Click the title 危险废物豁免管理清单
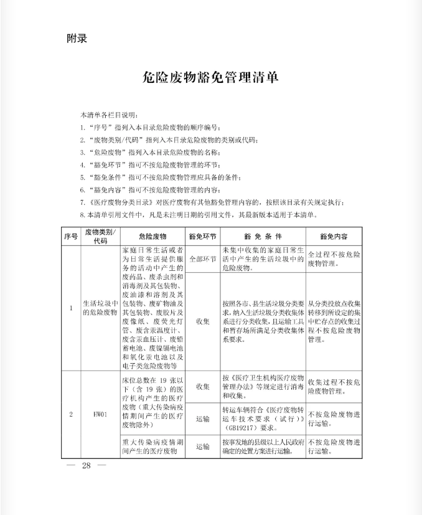pyautogui.click(x=210, y=78)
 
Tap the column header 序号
pyautogui.click(x=70, y=237)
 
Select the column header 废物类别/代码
pyautogui.click(x=100, y=237)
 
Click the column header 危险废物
pyautogui.click(x=152, y=237)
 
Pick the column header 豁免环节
pyautogui.click(x=202, y=237)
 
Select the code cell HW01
pyautogui.click(x=100, y=413)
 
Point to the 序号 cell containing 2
pyautogui.click(x=70, y=413)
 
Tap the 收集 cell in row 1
pyautogui.click(x=202, y=321)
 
